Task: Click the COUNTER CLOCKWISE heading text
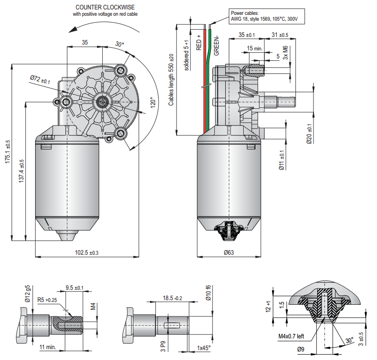pos(104,7)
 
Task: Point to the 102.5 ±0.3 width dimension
pos(86,253)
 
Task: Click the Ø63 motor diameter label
pos(229,253)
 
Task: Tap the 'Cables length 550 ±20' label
pos(171,81)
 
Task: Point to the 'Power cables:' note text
pos(245,13)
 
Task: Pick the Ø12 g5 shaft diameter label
pos(27,294)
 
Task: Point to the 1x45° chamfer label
pos(204,347)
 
